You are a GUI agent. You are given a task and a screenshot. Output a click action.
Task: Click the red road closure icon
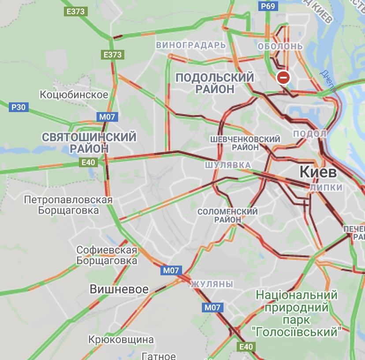pyautogui.click(x=283, y=78)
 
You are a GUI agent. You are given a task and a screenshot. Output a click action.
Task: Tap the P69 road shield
pyautogui.click(x=268, y=6)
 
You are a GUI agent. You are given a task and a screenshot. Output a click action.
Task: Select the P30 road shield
pyautogui.click(x=19, y=107)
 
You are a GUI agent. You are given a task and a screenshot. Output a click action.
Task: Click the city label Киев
pyautogui.click(x=318, y=172)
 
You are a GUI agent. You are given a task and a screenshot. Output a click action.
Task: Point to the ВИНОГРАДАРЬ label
pyautogui.click(x=191, y=45)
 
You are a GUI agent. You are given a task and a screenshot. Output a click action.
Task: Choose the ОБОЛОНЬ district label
pyautogui.click(x=280, y=46)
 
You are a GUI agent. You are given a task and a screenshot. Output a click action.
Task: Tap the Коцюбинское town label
pyautogui.click(x=74, y=95)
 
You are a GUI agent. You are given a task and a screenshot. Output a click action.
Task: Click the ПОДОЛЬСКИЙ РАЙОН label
pyautogui.click(x=215, y=83)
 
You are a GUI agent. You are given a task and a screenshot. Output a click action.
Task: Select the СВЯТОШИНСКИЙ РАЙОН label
pyautogui.click(x=89, y=142)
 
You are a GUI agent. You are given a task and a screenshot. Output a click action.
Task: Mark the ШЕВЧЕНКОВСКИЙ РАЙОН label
pyautogui.click(x=245, y=143)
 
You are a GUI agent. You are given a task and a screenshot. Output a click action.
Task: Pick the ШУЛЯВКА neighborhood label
pyautogui.click(x=227, y=165)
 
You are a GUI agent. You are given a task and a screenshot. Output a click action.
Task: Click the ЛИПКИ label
pyautogui.click(x=326, y=187)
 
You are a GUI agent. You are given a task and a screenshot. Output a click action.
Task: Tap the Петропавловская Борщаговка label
pyautogui.click(x=68, y=205)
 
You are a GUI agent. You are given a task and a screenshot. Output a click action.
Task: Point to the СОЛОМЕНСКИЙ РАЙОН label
pyautogui.click(x=227, y=215)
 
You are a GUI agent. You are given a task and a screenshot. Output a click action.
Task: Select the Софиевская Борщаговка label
pyautogui.click(x=107, y=255)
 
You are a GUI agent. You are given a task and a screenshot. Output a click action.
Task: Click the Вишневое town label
pyautogui.click(x=119, y=289)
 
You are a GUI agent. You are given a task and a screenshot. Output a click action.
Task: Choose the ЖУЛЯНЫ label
pyautogui.click(x=212, y=284)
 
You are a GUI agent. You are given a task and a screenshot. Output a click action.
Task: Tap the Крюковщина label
pyautogui.click(x=121, y=340)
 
